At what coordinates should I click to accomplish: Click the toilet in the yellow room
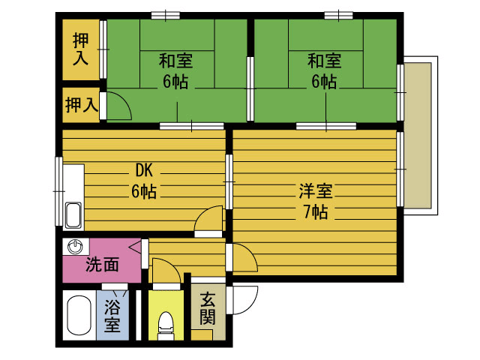[x=166, y=325]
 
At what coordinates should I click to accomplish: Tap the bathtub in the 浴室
[x=79, y=315]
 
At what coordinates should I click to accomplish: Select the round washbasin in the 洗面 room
[x=75, y=247]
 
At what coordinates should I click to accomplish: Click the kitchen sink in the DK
[x=73, y=215]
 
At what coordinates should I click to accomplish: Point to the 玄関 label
[x=208, y=308]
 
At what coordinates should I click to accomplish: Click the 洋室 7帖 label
[x=316, y=201]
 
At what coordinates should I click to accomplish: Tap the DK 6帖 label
[x=144, y=181]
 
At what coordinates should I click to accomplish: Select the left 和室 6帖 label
[x=175, y=71]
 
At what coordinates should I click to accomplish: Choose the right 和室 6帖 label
[x=324, y=71]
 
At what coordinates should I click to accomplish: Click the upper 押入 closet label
[x=80, y=49]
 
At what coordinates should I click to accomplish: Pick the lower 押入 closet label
[x=82, y=105]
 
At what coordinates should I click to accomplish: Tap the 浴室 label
[x=112, y=316]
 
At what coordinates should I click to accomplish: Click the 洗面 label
[x=102, y=265]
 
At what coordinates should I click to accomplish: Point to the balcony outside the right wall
[x=420, y=136]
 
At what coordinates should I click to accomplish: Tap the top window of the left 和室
[x=166, y=15]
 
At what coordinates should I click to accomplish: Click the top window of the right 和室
[x=338, y=15]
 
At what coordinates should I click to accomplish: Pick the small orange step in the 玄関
[x=202, y=335]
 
